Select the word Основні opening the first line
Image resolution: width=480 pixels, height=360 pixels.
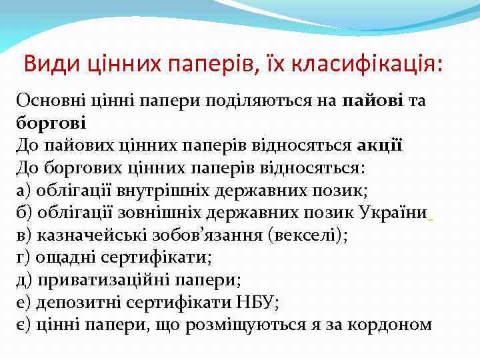[49, 101]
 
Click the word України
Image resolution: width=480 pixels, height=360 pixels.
[393, 213]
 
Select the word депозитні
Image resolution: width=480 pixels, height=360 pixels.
[75, 302]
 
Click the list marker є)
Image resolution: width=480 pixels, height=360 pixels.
[24, 325]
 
